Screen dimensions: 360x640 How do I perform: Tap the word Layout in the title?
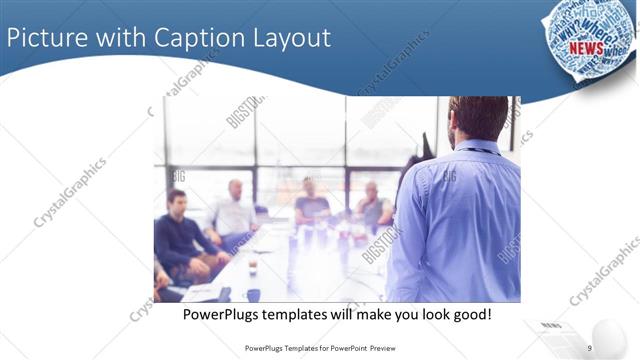click(291, 38)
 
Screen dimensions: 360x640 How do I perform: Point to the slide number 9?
click(590, 348)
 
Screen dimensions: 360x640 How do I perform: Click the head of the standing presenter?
click(478, 118)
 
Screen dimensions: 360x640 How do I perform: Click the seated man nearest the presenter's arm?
click(374, 207)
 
